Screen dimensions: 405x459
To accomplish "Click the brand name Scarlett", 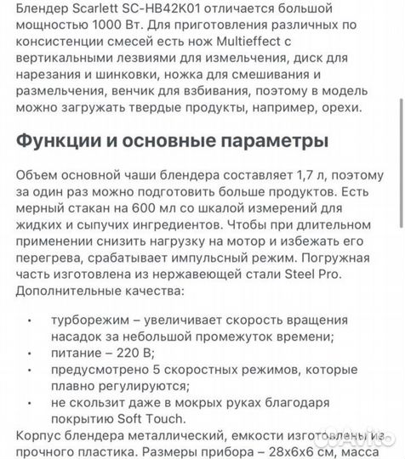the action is (87, 9).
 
